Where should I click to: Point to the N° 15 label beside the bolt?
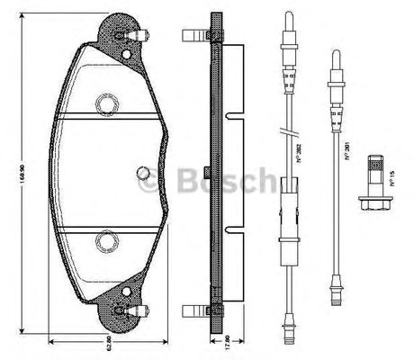[x=392, y=179]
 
